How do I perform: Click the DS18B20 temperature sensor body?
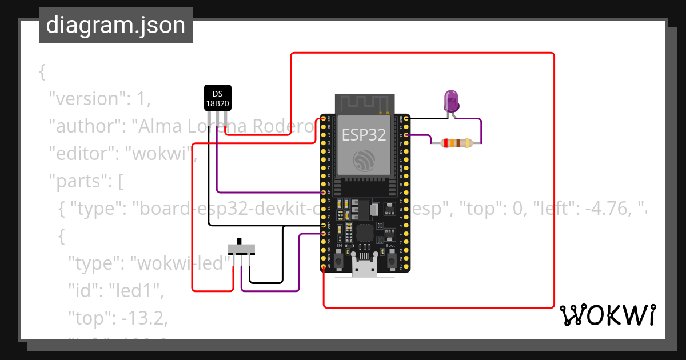tap(217, 98)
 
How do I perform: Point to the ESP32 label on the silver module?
tap(364, 135)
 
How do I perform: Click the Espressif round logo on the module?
tap(364, 161)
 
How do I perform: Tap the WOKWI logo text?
tap(607, 315)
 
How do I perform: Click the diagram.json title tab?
tap(115, 25)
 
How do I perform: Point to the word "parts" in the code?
tap(78, 182)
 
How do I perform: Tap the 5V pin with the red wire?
tap(324, 266)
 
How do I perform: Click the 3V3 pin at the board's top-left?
tap(324, 118)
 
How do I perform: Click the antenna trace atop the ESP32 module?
tap(364, 103)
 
